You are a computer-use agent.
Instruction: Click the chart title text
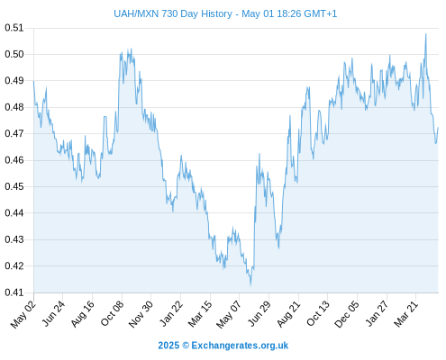[x=225, y=13]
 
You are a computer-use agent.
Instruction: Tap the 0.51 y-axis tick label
[x=14, y=28]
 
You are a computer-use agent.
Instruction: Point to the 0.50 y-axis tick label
[x=14, y=54]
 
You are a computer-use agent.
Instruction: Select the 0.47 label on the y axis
[x=14, y=133]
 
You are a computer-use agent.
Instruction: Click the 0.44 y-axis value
[x=14, y=213]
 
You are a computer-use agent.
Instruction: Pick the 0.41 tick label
[x=14, y=292]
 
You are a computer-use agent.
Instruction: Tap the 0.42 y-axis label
[x=14, y=266]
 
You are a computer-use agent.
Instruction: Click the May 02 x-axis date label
[x=23, y=314]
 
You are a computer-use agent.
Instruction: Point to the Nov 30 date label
[x=141, y=314]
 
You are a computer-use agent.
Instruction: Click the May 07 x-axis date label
[x=229, y=314]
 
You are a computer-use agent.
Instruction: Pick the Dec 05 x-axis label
[x=347, y=314]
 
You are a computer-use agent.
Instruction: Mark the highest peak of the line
[x=425, y=34]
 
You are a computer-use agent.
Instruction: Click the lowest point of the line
[x=250, y=284]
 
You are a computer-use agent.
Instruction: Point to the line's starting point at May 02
[x=33, y=81]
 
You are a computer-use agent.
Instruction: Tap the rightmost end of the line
[x=438, y=128]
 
